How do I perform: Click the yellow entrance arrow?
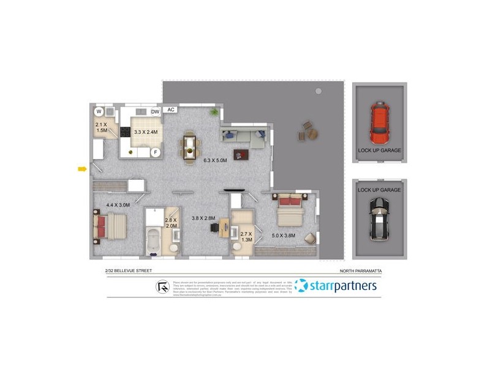tap(81, 169)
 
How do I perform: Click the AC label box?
tap(171, 110)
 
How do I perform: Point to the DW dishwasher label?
tap(155, 111)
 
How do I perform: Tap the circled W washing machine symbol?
tap(99, 111)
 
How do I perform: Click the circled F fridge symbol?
tap(156, 152)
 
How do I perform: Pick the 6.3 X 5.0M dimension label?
tap(215, 161)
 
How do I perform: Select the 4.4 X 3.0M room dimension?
tap(118, 205)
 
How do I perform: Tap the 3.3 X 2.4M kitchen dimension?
tap(146, 132)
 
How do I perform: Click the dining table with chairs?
tap(190, 146)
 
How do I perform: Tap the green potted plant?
tap(214, 112)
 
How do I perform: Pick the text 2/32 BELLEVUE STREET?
tap(128, 270)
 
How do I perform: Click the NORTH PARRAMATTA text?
tap(364, 270)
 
